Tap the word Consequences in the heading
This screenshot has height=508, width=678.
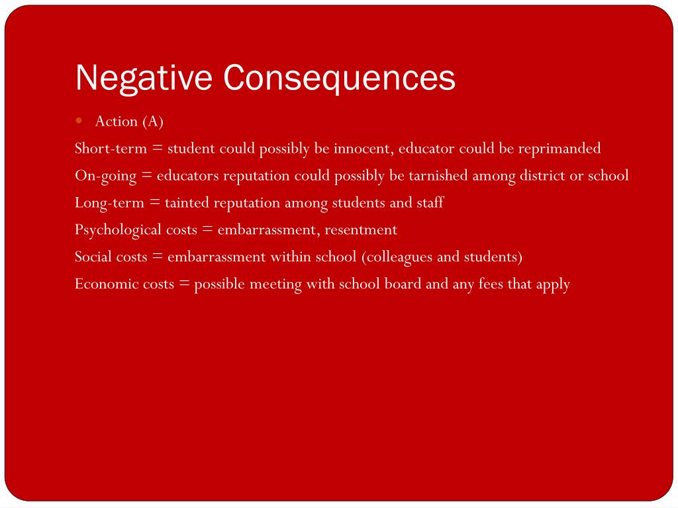(339, 79)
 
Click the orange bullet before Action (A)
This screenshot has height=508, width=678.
(79, 120)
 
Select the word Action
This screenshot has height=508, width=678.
(117, 121)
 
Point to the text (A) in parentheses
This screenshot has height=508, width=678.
(152, 121)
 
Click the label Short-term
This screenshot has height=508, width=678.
(111, 148)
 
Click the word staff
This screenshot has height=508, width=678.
(430, 202)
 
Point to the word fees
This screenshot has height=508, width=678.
(491, 284)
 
